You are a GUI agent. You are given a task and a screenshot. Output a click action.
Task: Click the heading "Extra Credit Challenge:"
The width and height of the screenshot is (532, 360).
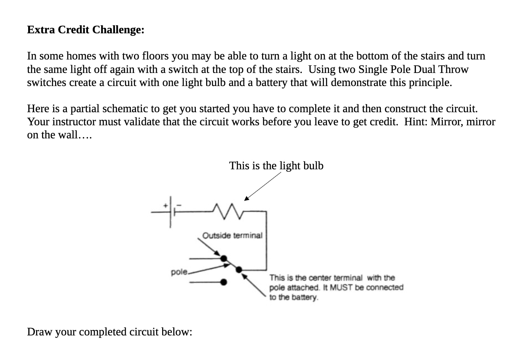[x=86, y=30]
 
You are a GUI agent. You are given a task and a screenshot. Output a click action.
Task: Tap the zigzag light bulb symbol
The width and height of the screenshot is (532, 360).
[x=229, y=212]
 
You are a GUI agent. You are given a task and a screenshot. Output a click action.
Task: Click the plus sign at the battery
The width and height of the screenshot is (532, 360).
[x=165, y=205]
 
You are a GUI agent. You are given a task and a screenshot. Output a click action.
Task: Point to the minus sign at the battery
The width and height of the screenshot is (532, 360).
[x=179, y=205]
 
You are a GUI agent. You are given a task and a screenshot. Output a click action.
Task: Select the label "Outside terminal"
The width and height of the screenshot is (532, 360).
[x=232, y=236]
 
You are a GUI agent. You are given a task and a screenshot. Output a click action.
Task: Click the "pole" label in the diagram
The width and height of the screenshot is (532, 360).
[x=179, y=272]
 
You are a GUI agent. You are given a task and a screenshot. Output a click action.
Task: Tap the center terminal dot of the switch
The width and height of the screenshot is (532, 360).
[x=239, y=270]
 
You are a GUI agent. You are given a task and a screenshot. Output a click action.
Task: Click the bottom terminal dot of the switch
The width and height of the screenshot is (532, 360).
[x=224, y=282]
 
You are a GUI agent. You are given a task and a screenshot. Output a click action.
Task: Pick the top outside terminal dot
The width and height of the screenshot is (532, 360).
[x=224, y=259]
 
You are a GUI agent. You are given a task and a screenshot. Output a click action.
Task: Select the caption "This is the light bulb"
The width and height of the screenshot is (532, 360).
[x=276, y=165]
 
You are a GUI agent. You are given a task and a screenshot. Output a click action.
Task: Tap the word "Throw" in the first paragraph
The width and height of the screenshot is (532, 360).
[x=454, y=69]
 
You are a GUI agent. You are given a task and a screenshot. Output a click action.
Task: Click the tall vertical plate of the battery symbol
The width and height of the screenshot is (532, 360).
[x=170, y=212]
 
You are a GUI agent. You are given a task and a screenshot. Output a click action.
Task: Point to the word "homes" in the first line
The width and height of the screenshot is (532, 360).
[x=77, y=56]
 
